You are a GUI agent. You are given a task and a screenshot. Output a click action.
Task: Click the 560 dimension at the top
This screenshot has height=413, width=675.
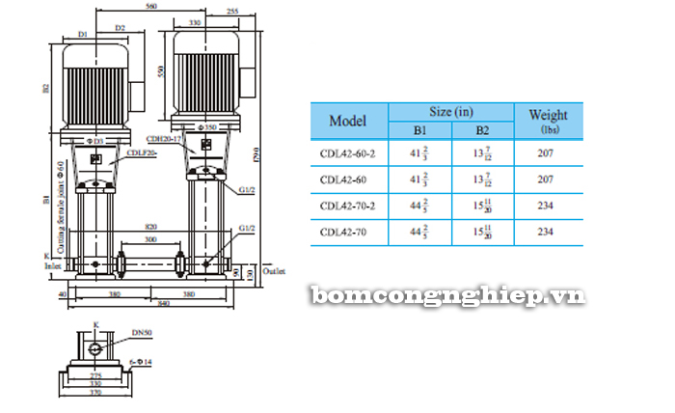(148, 7)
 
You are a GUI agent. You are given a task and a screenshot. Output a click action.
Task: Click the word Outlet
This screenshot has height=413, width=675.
(276, 274)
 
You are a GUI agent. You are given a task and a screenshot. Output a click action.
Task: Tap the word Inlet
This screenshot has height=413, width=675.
(55, 265)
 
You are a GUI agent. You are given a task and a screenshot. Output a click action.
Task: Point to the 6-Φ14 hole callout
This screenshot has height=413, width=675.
(141, 362)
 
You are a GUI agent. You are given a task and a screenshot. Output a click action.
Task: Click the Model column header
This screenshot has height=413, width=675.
(348, 122)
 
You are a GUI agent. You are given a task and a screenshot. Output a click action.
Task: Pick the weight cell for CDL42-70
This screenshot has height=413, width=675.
(546, 232)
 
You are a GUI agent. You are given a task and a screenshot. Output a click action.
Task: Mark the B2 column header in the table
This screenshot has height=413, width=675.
(482, 130)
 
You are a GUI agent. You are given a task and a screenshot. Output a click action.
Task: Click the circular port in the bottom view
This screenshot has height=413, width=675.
(95, 349)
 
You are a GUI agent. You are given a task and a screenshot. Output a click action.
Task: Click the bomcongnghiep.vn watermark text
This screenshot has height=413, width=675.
(447, 296)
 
